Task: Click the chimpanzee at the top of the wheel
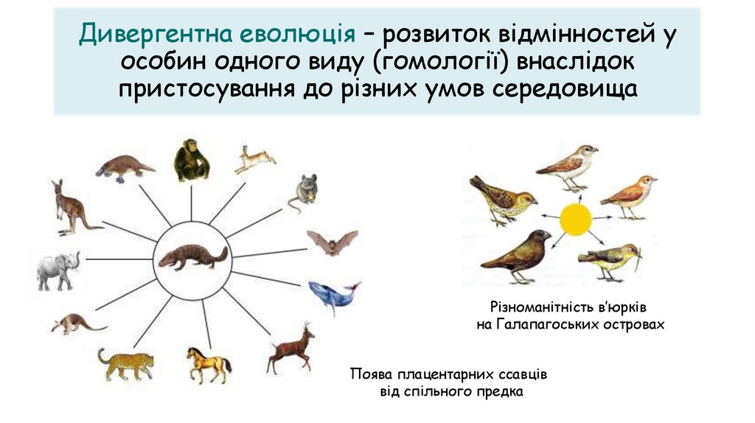click(191, 160)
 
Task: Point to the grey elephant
click(58, 270)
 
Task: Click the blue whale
click(333, 296)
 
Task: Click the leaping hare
click(254, 158)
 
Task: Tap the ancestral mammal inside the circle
click(192, 257)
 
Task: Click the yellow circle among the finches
click(576, 219)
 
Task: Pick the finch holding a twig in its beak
click(609, 260)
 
